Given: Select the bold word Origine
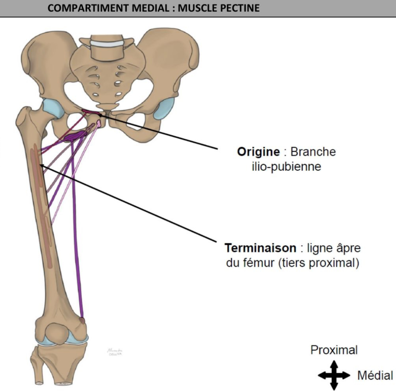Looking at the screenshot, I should (x=258, y=152).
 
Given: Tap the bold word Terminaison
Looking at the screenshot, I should (x=260, y=248).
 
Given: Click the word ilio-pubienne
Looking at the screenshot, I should (x=286, y=167).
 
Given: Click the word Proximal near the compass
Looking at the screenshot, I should (x=334, y=350).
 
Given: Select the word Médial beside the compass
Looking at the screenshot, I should (x=375, y=375).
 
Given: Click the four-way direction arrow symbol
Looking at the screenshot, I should (x=334, y=375).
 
